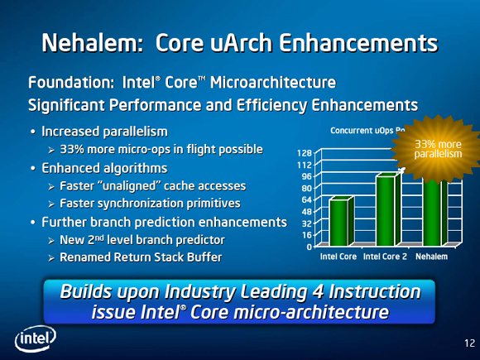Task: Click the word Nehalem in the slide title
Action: [93, 42]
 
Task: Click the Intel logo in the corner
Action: [36, 338]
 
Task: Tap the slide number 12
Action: [469, 343]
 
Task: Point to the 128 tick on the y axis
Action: [305, 153]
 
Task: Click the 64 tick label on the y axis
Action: [307, 199]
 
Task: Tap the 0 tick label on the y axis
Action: [310, 247]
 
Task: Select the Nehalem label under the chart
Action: [431, 257]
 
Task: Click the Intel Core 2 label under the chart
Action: [385, 257]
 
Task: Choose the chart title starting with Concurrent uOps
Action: [367, 131]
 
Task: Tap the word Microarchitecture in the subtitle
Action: [273, 83]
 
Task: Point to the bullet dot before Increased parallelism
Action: [33, 132]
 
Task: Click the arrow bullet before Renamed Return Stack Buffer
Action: [51, 258]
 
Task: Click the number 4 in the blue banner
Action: [319, 291]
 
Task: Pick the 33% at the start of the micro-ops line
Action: [72, 150]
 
